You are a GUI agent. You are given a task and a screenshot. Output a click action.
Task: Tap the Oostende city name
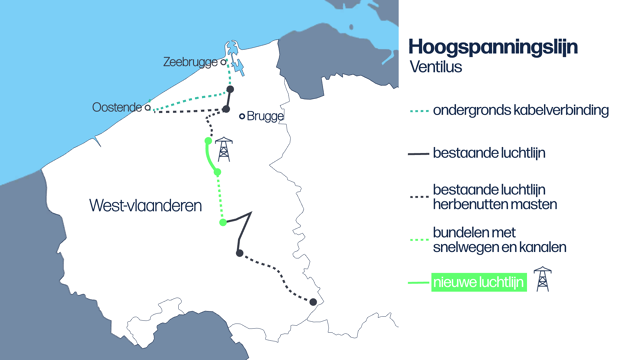pos(116,107)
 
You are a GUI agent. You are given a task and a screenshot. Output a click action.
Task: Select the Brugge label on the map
pos(265,116)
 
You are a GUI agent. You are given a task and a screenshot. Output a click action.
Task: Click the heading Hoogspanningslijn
pos(493,47)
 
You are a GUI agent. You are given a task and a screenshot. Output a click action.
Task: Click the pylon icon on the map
pos(224,151)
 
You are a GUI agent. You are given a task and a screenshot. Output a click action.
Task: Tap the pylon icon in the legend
pos(542,279)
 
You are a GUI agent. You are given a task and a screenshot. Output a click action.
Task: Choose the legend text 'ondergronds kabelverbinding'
pos(520,110)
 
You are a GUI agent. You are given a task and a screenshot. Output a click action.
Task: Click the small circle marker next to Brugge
pos(241,116)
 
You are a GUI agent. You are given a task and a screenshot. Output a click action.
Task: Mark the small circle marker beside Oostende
pos(148,107)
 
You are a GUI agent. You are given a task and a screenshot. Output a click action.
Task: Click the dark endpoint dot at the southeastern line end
pos(313,302)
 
